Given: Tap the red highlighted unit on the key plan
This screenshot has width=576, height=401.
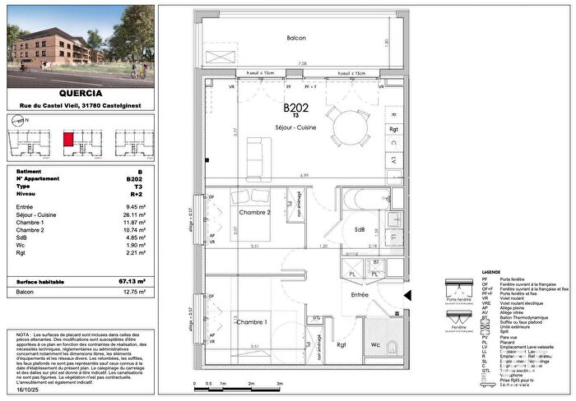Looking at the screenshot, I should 70,139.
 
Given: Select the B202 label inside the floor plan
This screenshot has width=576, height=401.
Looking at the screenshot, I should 296,108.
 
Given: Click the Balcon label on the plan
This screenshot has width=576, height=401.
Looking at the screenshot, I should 296,38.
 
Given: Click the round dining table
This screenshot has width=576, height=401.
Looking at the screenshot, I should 351,127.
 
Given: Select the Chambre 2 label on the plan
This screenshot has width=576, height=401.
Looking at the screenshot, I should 254,213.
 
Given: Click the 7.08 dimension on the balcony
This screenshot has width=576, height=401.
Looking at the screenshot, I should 303,62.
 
